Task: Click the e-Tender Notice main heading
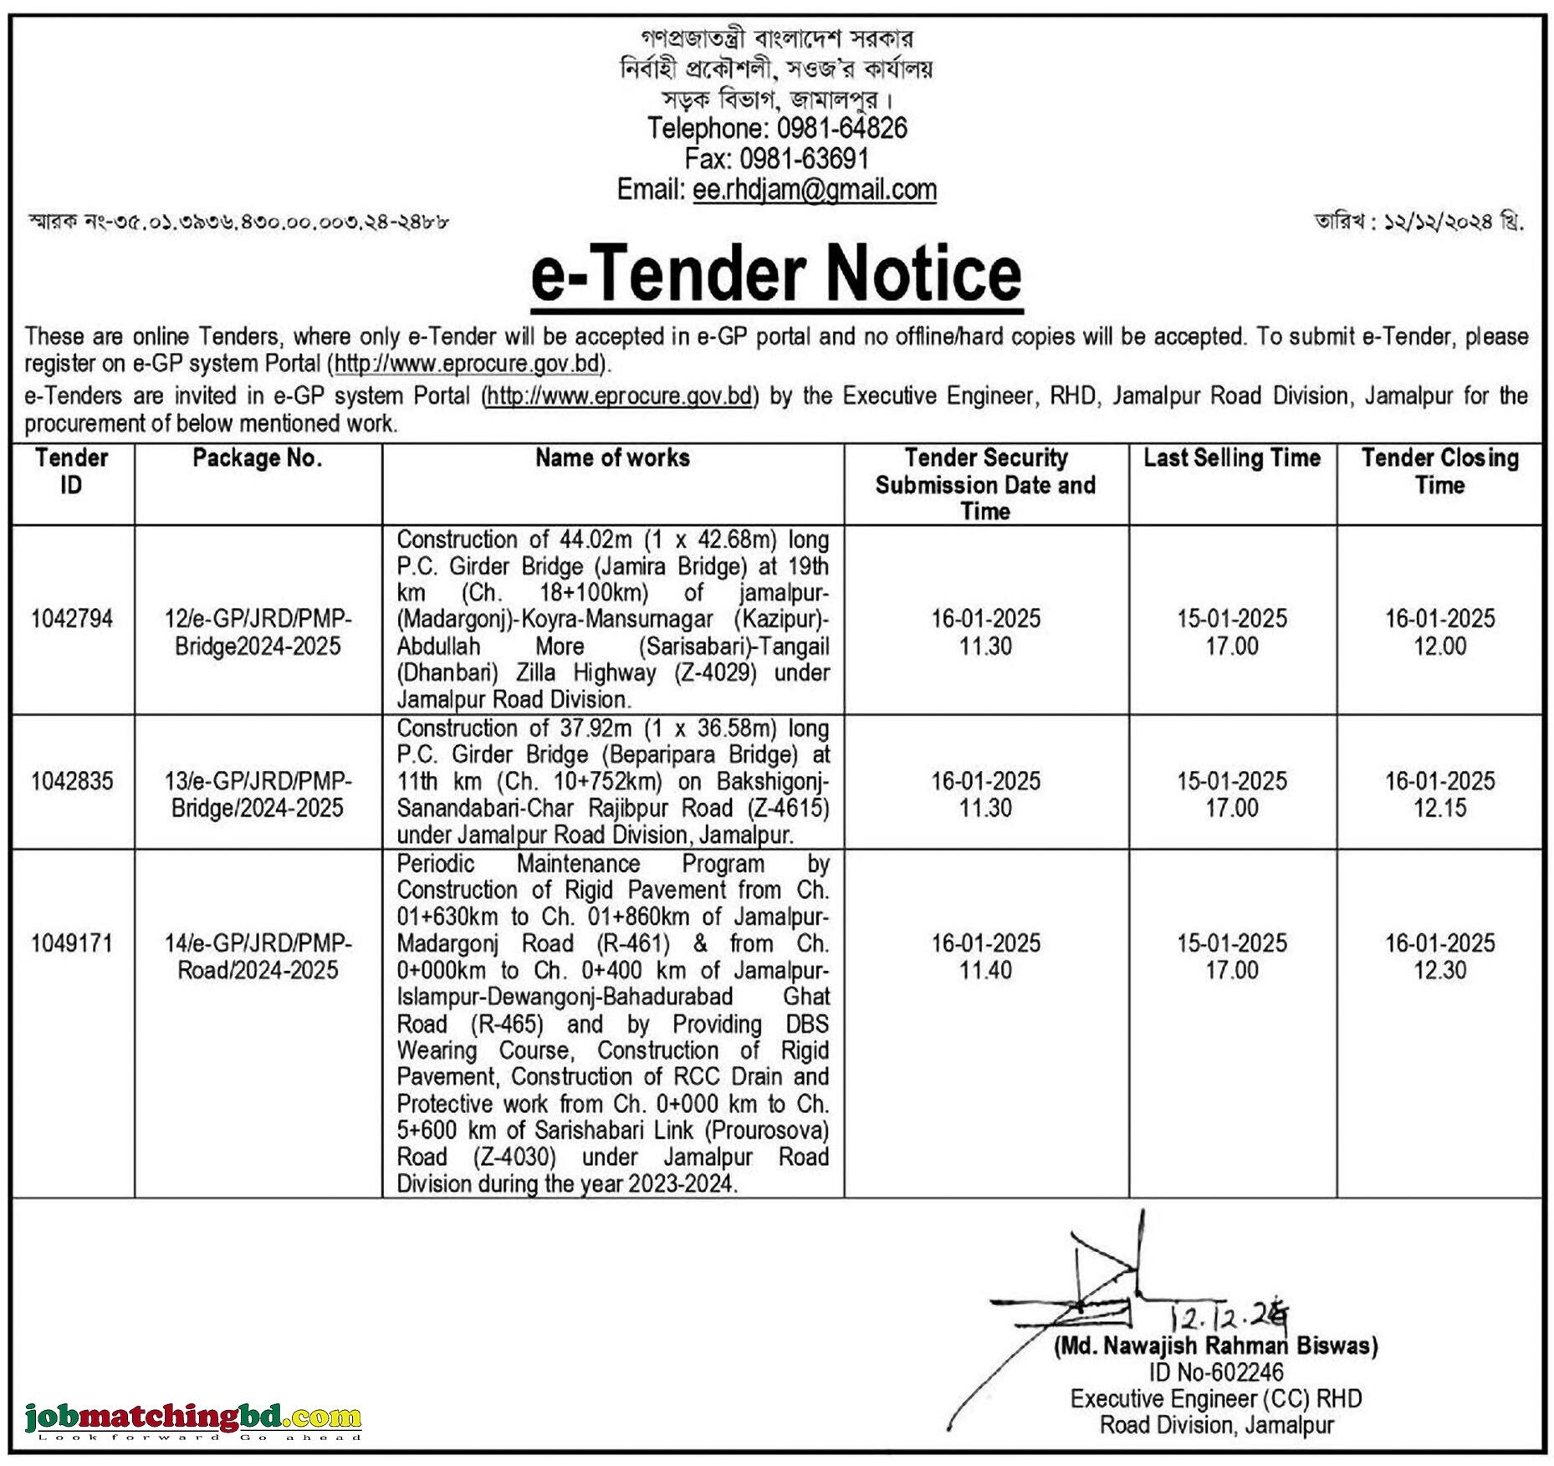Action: [x=776, y=275]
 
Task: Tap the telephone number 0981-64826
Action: [x=841, y=128]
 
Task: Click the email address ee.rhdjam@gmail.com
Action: [x=814, y=190]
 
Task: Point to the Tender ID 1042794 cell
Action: [x=72, y=619]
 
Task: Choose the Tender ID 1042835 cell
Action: [x=72, y=781]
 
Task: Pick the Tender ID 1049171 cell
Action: [x=72, y=943]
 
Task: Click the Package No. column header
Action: [x=257, y=458]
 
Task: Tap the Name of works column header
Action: [x=612, y=458]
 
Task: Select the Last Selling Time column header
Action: [x=1231, y=458]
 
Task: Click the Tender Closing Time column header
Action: [x=1439, y=472]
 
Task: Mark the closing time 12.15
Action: [x=1439, y=808]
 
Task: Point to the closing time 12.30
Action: [x=1439, y=970]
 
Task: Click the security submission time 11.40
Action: [x=985, y=970]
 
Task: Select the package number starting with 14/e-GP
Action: [x=258, y=957]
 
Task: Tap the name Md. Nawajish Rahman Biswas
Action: [x=1215, y=1346]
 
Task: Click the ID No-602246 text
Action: [x=1215, y=1372]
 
